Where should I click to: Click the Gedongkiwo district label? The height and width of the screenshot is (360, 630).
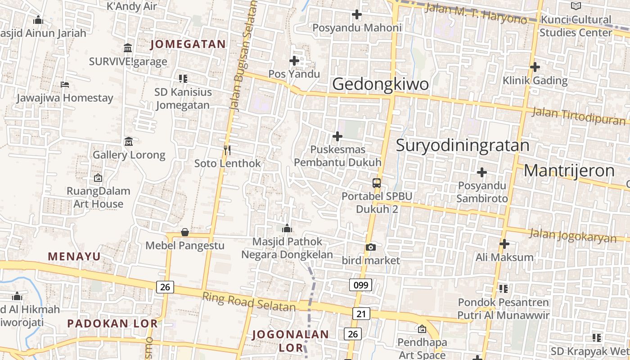(380, 84)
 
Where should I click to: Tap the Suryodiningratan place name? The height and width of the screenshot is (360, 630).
(463, 145)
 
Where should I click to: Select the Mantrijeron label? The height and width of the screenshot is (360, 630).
(569, 171)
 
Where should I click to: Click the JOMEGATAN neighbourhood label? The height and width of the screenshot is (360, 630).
(188, 44)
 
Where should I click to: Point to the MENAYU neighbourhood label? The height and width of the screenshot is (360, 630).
(74, 256)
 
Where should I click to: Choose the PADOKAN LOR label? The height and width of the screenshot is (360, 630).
(112, 324)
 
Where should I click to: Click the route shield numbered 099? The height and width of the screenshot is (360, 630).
(360, 285)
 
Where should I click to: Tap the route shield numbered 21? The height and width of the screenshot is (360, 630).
(361, 314)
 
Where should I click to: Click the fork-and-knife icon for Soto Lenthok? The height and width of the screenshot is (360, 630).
(227, 150)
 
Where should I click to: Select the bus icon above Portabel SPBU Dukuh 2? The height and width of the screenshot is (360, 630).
(377, 183)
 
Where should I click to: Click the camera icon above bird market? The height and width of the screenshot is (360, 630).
(371, 247)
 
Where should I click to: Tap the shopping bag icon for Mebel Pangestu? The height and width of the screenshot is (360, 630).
(184, 232)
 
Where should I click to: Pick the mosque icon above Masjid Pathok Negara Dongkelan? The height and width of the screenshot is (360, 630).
(287, 229)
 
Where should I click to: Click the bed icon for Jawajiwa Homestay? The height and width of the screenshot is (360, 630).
(65, 85)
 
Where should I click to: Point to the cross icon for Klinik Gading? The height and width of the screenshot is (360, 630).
(535, 67)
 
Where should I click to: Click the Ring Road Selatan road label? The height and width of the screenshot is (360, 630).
(248, 302)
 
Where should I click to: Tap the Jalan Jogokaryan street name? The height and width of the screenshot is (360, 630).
(572, 235)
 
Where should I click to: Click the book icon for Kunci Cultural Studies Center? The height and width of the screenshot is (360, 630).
(576, 6)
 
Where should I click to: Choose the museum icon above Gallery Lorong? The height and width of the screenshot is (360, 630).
(129, 141)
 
